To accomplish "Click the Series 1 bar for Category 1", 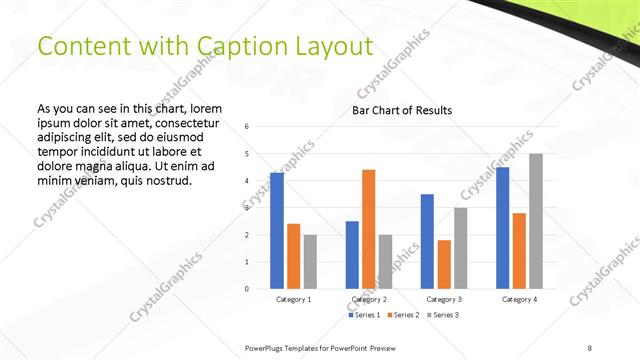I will pos(277,231).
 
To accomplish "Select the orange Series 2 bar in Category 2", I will pos(369,229).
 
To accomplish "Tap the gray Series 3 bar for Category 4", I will pos(536,221).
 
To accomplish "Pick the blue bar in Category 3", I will pos(427,241).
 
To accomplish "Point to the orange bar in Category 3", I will pos(444,264).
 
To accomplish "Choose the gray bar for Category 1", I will pos(310,262).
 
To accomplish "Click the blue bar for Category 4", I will pos(502,228).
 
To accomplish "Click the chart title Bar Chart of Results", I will pos(401,110).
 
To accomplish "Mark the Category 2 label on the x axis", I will pos(369,299).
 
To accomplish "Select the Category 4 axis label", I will pos(519,299).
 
